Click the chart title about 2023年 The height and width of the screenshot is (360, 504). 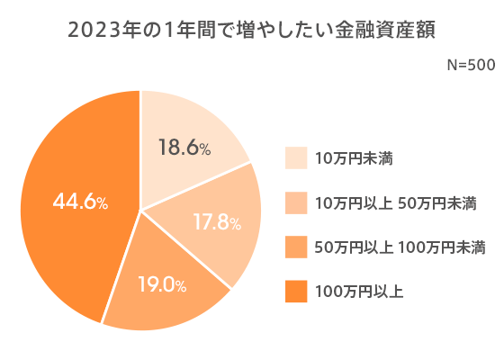tap(252, 30)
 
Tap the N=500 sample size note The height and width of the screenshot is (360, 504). tap(471, 66)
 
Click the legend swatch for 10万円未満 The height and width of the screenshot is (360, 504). tap(296, 158)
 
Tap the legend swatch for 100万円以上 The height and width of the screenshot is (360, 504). tap(296, 291)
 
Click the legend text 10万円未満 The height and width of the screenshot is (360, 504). tap(354, 158)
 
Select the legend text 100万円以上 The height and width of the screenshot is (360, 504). tap(358, 291)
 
